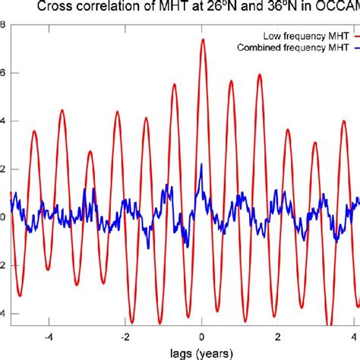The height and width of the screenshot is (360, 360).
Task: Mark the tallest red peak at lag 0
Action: (202, 39)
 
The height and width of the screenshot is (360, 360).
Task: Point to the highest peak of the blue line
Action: (201, 164)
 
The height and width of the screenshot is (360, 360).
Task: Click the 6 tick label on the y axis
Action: (2, 73)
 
